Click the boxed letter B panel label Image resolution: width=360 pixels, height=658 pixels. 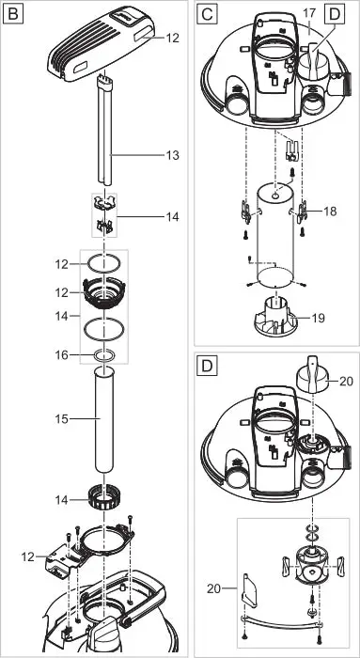tap(14, 14)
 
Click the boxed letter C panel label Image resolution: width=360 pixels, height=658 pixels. tap(208, 14)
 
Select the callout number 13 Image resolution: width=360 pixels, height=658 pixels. tap(172, 156)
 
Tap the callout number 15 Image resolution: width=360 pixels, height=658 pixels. tap(62, 419)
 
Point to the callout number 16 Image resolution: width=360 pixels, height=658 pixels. tap(62, 355)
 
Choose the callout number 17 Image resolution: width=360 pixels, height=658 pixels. tap(309, 14)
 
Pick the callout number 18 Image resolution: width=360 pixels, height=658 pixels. tap(330, 211)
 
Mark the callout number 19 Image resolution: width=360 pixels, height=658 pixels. tap(319, 319)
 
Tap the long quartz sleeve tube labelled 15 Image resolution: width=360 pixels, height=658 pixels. tap(103, 419)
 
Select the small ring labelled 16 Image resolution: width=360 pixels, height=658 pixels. tap(103, 355)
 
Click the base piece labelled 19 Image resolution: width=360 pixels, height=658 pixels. tap(275, 318)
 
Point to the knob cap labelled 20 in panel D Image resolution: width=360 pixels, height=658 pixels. tap(312, 374)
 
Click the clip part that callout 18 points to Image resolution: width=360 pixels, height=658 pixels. tap(302, 211)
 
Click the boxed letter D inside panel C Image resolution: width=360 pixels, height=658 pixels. tap(334, 14)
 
